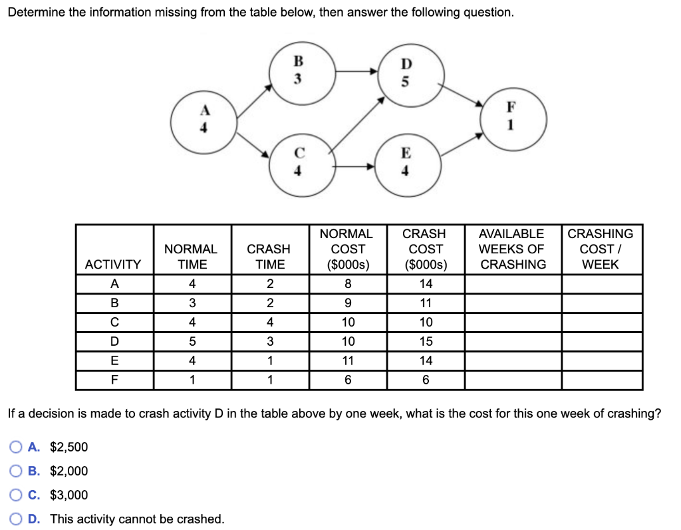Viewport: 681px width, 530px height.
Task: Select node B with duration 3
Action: (299, 71)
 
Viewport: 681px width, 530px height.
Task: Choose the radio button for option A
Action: (16, 447)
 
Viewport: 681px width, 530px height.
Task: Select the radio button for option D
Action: (16, 519)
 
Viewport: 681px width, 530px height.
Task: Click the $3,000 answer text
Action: (68, 495)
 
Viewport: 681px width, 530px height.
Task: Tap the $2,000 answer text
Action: (68, 471)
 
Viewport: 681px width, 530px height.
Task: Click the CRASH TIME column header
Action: (269, 256)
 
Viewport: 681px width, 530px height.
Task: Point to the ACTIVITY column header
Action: (114, 264)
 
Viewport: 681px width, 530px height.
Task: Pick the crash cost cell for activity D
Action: (426, 341)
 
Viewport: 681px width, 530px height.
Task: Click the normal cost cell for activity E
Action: (348, 360)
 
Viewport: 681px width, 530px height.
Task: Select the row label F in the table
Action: (114, 380)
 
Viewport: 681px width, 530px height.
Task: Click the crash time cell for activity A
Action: (269, 283)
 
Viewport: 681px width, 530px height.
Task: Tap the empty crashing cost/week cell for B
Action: (601, 303)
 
